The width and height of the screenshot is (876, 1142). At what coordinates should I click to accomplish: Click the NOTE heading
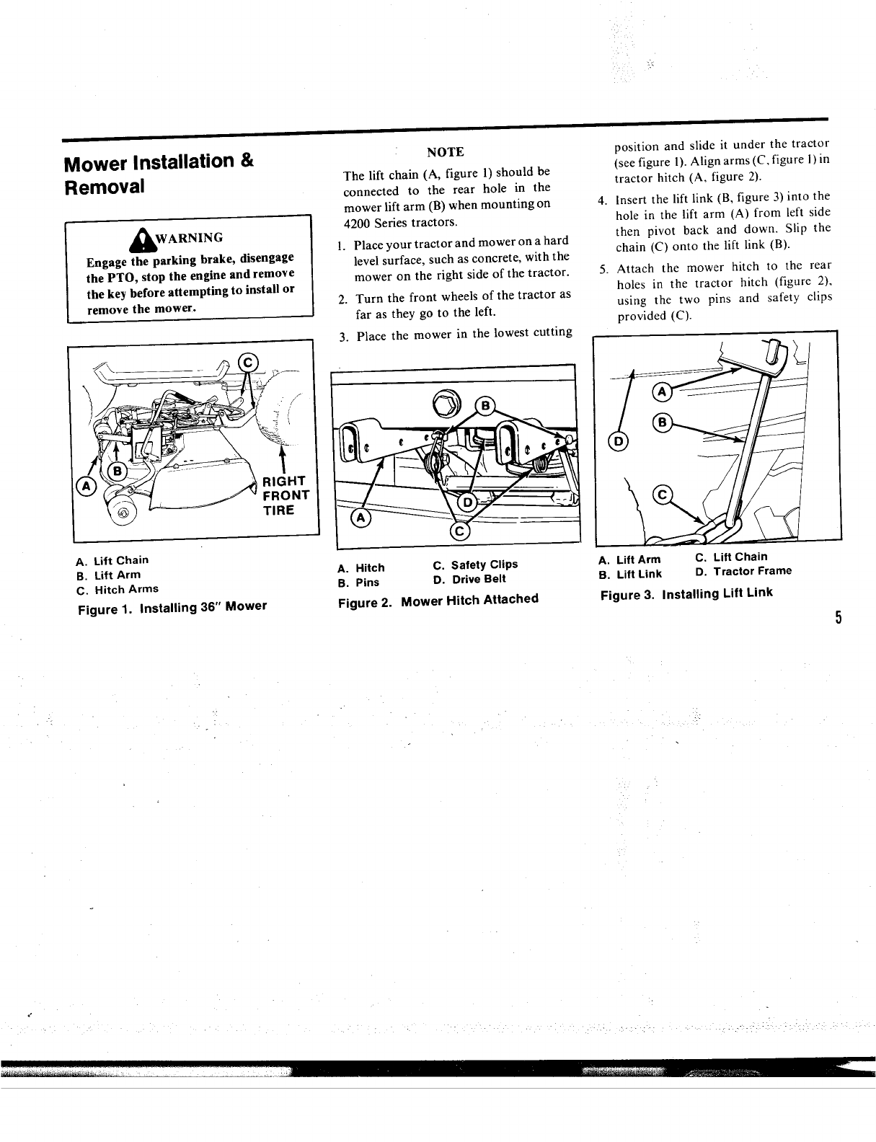445,152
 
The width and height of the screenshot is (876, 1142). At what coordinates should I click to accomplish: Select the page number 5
839,618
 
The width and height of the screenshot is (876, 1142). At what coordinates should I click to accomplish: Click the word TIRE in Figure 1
278,510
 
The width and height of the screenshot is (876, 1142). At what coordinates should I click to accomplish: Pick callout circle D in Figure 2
467,502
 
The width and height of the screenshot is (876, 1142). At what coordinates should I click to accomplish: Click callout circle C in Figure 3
661,495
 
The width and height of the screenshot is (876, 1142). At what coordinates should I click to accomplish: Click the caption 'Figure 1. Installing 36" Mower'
172,608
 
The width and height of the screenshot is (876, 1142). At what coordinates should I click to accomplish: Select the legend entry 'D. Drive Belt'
469,580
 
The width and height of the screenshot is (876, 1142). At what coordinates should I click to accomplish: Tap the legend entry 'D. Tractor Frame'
743,572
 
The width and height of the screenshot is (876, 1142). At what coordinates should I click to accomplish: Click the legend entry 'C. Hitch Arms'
116,590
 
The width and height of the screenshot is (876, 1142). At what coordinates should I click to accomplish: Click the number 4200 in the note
358,222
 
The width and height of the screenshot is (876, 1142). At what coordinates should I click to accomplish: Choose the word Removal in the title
105,187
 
